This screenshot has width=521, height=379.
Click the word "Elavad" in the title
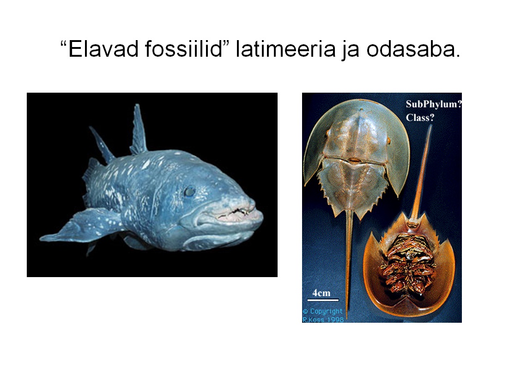tap(103, 49)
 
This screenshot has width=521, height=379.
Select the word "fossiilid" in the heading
tap(183, 49)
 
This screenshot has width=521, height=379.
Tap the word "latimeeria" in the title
tap(286, 49)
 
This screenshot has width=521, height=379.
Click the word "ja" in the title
tap(351, 50)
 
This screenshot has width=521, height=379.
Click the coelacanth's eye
tap(190, 192)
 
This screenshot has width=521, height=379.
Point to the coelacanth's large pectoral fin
tap(80, 225)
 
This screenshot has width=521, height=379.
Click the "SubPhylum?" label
tap(434, 104)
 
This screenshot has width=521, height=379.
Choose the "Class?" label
tap(420, 118)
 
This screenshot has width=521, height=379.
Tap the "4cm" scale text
tap(321, 293)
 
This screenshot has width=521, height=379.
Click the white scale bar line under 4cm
tap(323, 300)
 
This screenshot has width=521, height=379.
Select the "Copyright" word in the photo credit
tap(326, 311)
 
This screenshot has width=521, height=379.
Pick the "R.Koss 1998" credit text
tap(323, 320)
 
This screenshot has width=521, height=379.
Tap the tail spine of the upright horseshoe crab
tap(348, 262)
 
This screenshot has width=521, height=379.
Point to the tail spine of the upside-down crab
tap(421, 172)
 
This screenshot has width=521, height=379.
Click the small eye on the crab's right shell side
tap(388, 141)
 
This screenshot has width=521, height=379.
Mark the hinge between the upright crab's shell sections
tap(355, 160)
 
